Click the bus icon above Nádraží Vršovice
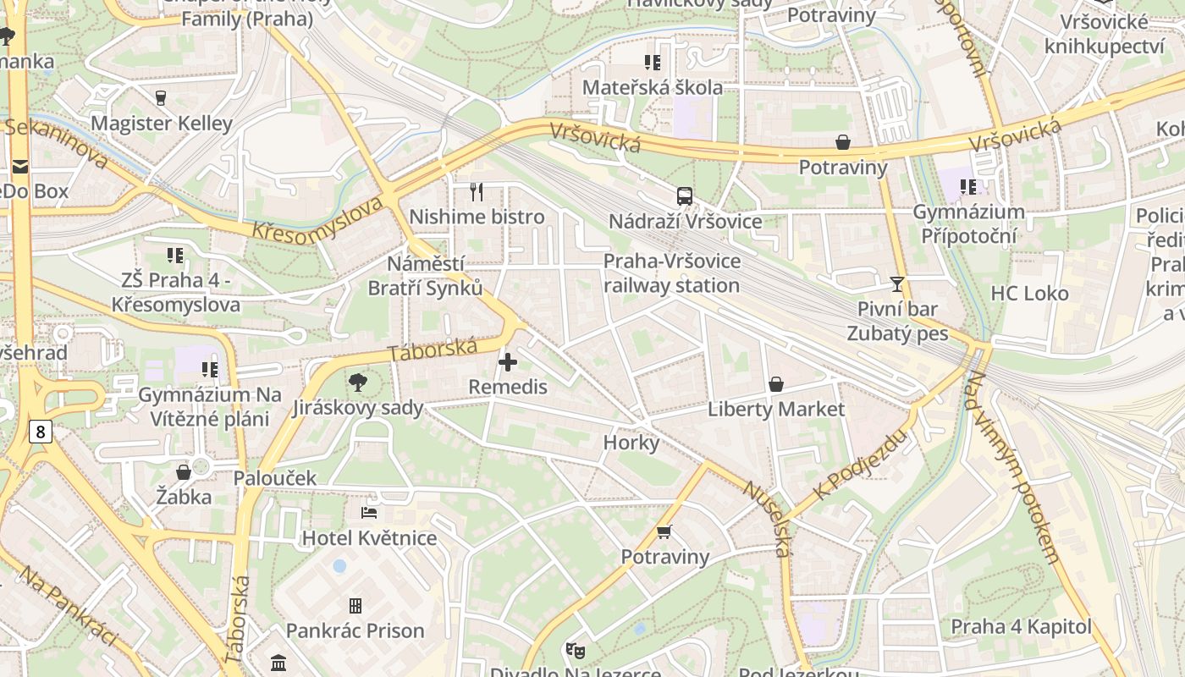(x=684, y=196)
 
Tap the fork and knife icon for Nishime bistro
(x=477, y=192)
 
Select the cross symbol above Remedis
(x=508, y=363)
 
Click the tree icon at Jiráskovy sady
(x=358, y=383)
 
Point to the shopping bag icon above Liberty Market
(x=776, y=385)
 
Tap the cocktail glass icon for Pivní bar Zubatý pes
(x=897, y=284)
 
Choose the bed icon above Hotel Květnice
(x=369, y=513)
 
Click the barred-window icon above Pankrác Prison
(x=355, y=606)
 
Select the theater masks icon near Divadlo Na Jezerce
(x=576, y=650)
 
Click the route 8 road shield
(x=40, y=432)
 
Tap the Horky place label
(x=631, y=443)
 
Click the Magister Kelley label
(x=162, y=124)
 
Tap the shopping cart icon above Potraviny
(x=664, y=532)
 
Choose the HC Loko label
(x=1029, y=294)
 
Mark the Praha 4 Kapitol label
(x=1021, y=627)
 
